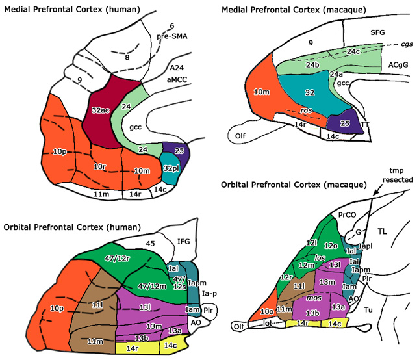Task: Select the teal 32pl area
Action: tap(170, 168)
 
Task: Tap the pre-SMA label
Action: tap(172, 36)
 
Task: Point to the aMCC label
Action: tap(177, 80)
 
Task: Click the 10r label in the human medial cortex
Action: tap(99, 167)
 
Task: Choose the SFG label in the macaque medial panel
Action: tap(377, 32)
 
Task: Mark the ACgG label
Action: tap(398, 65)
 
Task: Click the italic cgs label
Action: tap(407, 44)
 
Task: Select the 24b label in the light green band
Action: tap(312, 65)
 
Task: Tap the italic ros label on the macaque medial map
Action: tap(306, 110)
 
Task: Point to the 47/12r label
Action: tap(117, 259)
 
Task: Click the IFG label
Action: tap(184, 242)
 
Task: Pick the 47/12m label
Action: tap(152, 286)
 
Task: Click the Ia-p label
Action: tap(209, 294)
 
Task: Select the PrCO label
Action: tap(347, 215)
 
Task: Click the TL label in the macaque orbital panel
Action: tap(382, 231)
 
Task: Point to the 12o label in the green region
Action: tap(331, 246)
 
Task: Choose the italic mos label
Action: tap(314, 298)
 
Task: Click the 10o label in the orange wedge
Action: tap(267, 311)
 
